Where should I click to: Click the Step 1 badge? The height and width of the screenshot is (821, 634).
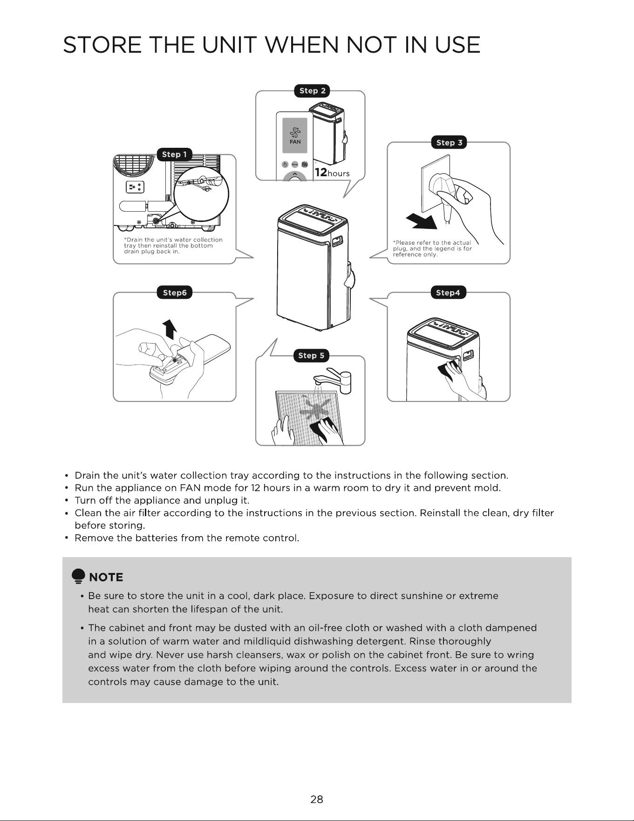pos(175,154)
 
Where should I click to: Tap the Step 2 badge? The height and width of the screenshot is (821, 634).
pos(312,90)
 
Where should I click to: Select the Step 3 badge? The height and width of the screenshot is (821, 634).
pos(449,143)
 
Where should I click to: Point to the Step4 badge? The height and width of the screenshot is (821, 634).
pos(448,293)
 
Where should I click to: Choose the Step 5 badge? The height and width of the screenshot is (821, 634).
pos(311,356)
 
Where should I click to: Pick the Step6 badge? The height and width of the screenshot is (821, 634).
pos(175,293)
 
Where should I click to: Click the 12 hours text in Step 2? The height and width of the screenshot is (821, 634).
pos(332,172)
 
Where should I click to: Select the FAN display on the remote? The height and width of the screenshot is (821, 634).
pos(295,135)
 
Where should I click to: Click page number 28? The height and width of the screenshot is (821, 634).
pos(317,800)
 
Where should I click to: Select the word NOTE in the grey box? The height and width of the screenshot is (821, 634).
pos(106,578)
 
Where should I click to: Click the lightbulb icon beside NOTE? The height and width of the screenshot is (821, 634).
pos(78,577)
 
